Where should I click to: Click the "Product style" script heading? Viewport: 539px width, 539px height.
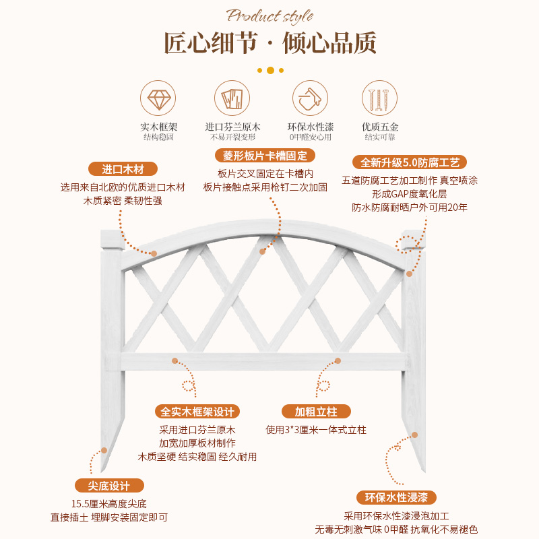269,15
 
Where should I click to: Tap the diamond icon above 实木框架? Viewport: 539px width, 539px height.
159,100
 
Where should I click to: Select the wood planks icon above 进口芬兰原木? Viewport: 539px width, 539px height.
232,100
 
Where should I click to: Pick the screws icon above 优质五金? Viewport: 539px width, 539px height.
380,100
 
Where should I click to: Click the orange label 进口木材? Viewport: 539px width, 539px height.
123,169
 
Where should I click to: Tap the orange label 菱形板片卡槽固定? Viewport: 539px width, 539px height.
265,156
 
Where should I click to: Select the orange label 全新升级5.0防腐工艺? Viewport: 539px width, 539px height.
410,162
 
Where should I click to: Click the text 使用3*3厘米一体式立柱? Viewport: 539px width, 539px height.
316,429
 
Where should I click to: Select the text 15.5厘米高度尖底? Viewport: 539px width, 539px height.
108,503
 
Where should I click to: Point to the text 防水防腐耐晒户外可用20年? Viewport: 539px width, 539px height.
410,208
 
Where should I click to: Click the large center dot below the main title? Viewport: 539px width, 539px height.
270,70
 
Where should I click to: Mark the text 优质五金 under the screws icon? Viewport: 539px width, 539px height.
380,127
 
